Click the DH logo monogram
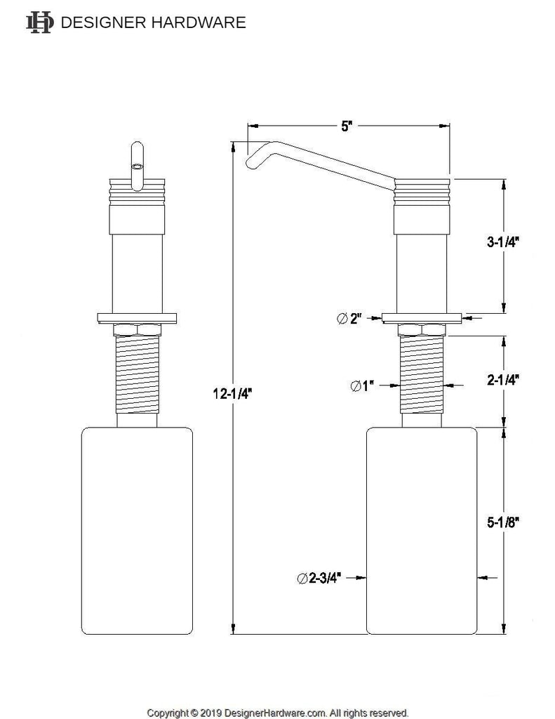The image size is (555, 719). click(x=39, y=22)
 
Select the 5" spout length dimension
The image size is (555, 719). click(x=347, y=126)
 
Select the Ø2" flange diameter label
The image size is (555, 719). click(x=349, y=318)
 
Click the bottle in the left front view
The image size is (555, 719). click(x=138, y=530)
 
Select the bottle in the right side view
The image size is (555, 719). click(x=422, y=530)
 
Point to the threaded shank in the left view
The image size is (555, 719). click(x=138, y=376)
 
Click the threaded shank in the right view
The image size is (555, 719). click(x=422, y=376)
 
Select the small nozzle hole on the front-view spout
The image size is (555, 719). click(x=138, y=167)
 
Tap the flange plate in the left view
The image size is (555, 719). click(x=138, y=316)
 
